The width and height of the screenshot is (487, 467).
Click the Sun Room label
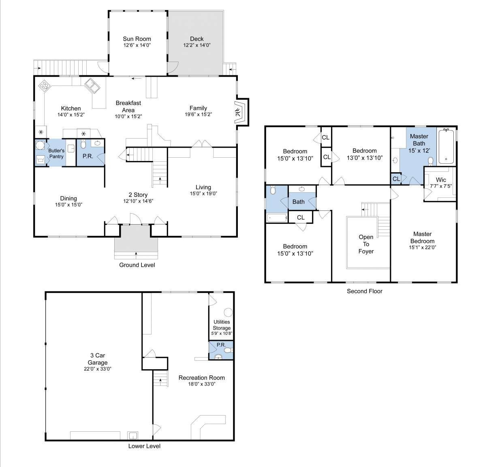[137, 39]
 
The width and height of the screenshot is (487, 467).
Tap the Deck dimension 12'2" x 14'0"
[197, 45]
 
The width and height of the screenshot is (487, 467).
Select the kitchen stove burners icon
[44, 86]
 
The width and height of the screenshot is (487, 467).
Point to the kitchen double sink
[92, 86]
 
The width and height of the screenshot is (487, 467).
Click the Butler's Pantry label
[56, 154]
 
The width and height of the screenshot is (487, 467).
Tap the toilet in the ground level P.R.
[83, 144]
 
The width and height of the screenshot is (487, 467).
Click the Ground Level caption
[137, 265]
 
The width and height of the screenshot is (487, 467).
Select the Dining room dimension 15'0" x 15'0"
[68, 205]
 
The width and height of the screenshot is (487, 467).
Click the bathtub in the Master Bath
[446, 146]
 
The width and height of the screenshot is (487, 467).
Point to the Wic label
[441, 180]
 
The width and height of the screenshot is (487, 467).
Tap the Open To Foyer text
[366, 244]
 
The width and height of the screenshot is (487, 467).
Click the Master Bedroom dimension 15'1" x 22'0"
[423, 247]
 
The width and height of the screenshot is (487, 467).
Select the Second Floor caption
[364, 291]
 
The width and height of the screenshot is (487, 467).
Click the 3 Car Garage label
[98, 359]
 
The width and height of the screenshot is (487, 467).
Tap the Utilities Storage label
[222, 325]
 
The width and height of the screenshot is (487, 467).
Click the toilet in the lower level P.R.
[228, 350]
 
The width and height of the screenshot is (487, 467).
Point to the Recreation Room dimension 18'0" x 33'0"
[202, 384]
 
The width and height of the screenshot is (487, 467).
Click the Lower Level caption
[144, 446]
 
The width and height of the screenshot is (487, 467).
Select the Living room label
[203, 187]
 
